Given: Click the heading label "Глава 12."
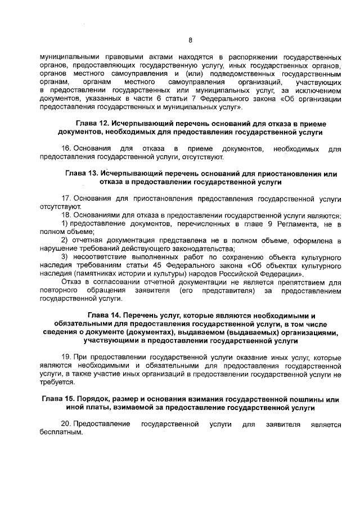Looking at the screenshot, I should pos(91,123).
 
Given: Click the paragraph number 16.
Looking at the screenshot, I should pos(65,148).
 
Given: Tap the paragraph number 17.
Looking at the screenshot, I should pos(65,199).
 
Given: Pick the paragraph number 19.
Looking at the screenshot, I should pos(65,357).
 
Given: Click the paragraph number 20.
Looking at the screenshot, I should pos(65,424).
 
